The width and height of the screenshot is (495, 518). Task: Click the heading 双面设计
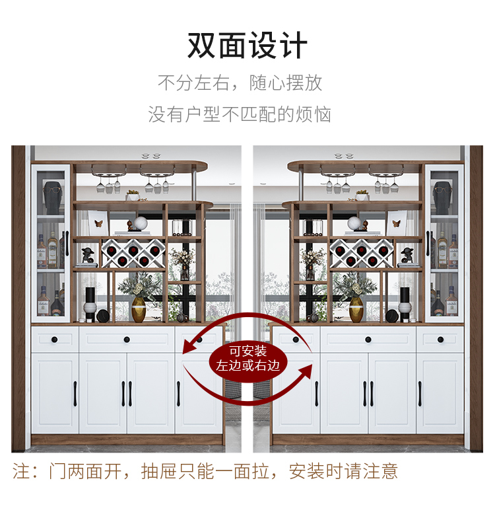coord(247,45)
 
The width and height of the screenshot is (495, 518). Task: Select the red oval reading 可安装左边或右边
coord(247,358)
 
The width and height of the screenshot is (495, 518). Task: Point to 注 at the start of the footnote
coord(21,471)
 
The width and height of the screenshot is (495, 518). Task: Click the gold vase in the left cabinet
coord(138,309)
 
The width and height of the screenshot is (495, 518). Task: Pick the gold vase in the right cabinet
coord(356,309)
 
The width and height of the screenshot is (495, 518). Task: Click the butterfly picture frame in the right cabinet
coord(396,223)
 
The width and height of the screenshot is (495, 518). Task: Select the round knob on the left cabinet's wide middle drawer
coord(127,340)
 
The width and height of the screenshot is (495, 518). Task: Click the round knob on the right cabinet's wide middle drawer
coord(368,340)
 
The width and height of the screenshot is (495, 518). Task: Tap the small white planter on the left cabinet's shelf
coord(133,196)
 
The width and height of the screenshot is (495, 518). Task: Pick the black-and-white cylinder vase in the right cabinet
coord(405,303)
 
